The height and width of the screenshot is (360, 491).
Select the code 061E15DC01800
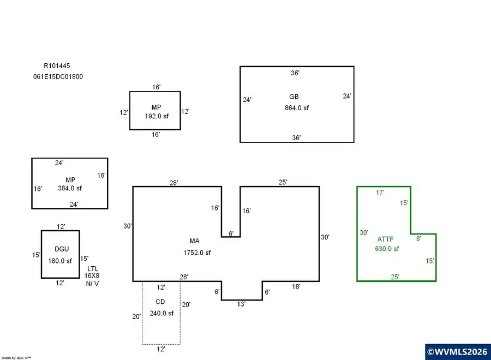(58, 77)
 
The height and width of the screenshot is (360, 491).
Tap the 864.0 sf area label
(296, 108)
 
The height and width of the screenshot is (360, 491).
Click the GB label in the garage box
(294, 97)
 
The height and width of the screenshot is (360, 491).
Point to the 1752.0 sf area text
(197, 253)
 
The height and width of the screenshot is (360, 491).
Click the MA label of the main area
(194, 241)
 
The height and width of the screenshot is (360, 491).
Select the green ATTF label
(385, 239)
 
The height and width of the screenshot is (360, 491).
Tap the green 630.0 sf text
(387, 249)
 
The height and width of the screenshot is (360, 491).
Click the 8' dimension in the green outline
(419, 238)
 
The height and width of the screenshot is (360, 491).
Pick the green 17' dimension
(380, 192)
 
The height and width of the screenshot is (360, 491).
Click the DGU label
(62, 249)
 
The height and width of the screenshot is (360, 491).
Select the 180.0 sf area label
(60, 261)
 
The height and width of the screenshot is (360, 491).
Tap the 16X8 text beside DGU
(92, 276)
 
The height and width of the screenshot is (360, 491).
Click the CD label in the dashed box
(160, 302)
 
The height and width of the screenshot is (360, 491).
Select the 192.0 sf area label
(156, 117)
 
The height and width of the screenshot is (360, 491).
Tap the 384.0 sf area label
(69, 188)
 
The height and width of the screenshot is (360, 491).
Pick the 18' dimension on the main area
(296, 286)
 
